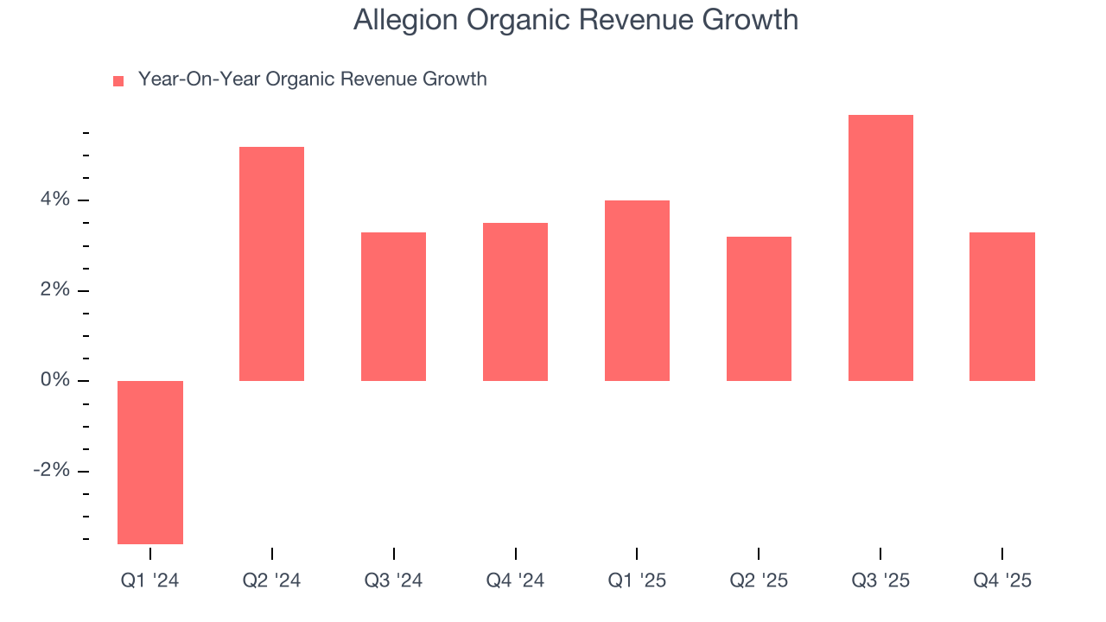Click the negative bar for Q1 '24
tap(150, 462)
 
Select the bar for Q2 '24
tap(271, 263)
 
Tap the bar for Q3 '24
tap(393, 307)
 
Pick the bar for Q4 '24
tap(515, 301)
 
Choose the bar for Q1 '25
tap(637, 290)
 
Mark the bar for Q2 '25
tap(759, 308)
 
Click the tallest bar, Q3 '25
tap(880, 248)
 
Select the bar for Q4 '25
tap(1002, 307)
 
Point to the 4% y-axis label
tap(54, 200)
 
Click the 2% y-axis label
tap(54, 290)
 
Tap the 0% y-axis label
tap(54, 381)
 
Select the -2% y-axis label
tap(51, 471)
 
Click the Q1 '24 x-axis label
tap(150, 581)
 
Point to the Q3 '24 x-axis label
tap(393, 581)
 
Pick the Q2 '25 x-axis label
tap(759, 581)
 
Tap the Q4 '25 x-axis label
tap(1002, 581)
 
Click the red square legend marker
tap(118, 80)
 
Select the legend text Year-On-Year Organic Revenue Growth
tap(312, 79)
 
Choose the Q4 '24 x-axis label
tap(515, 581)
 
